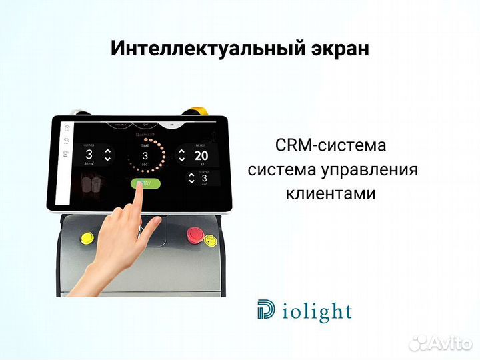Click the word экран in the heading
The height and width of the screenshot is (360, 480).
[x=339, y=49]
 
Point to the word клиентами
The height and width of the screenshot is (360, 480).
[x=331, y=194]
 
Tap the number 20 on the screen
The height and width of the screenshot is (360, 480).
[x=201, y=156]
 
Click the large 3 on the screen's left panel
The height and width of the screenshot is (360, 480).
[x=89, y=156]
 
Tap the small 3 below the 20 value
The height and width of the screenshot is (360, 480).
[x=204, y=178]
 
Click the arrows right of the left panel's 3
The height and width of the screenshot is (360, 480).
[x=109, y=155]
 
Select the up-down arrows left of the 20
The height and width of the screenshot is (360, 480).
[x=181, y=156]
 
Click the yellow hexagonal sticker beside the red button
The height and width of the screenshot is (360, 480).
[x=210, y=240]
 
